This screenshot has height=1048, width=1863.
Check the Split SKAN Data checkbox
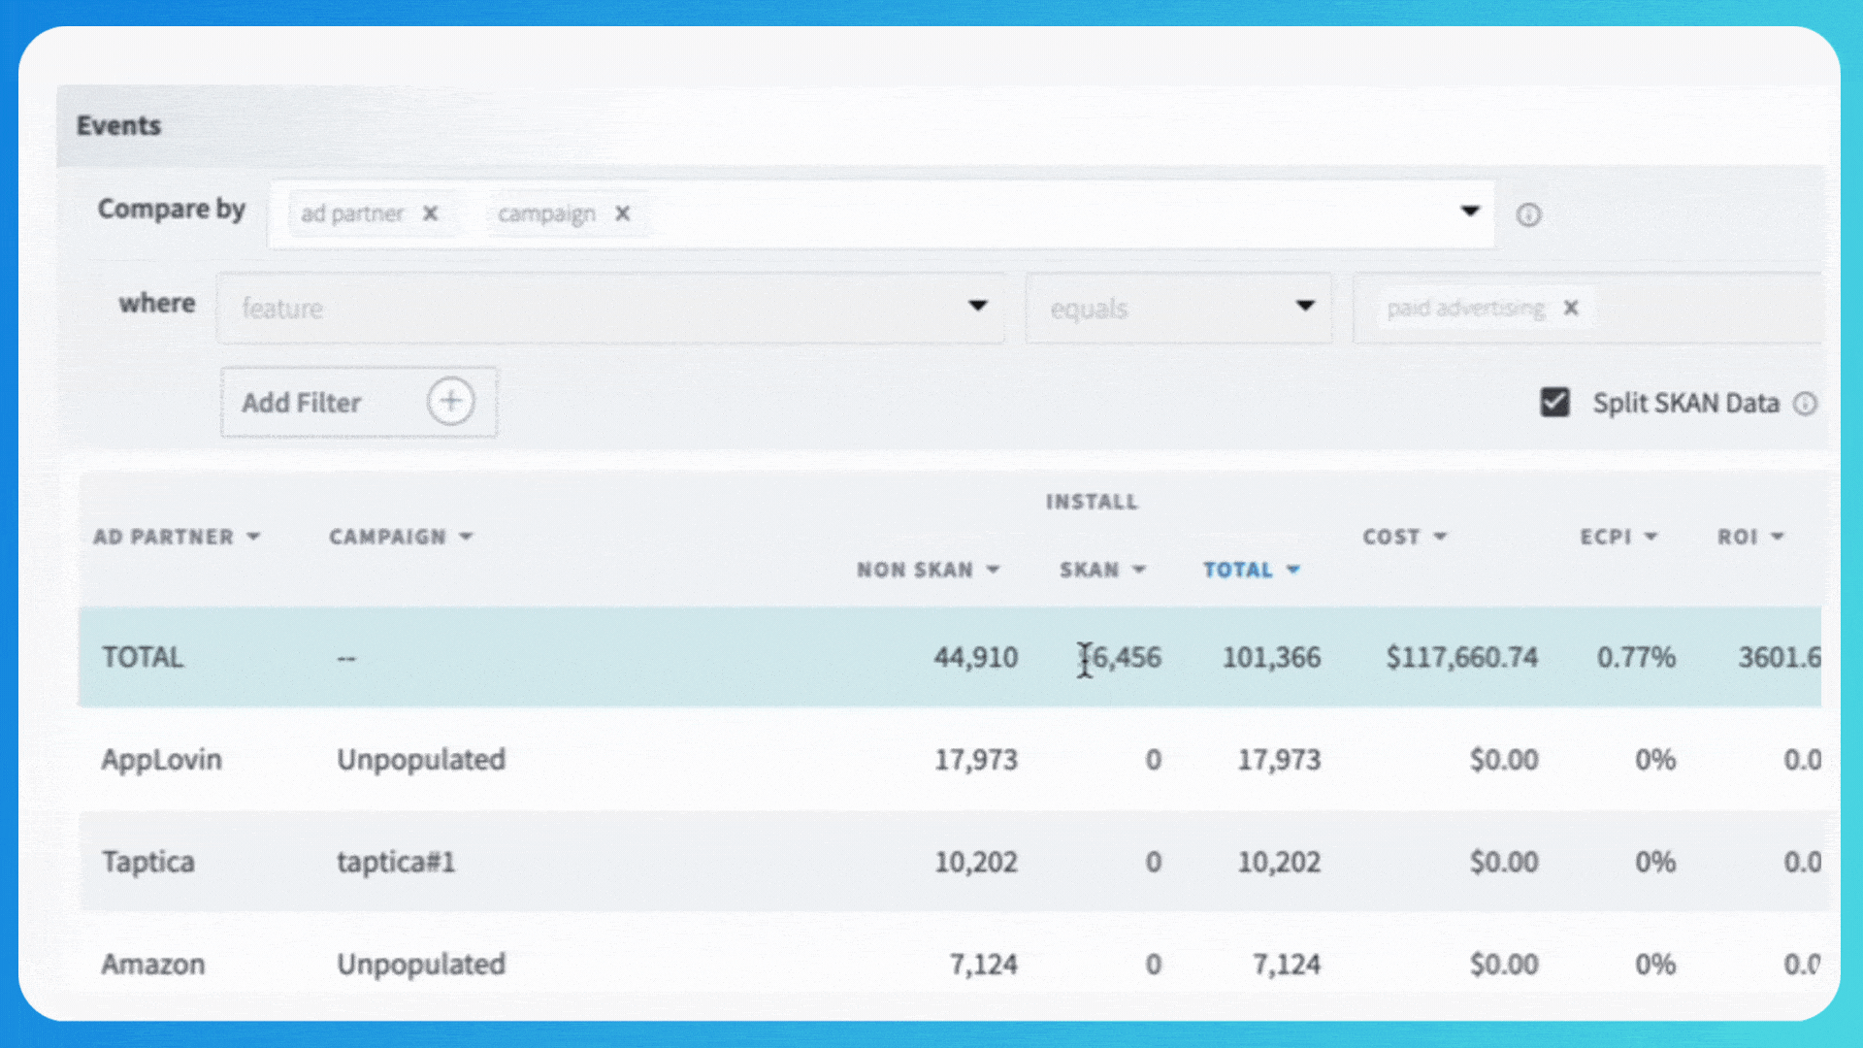pyautogui.click(x=1554, y=402)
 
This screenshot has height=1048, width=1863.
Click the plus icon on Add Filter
pyautogui.click(x=450, y=401)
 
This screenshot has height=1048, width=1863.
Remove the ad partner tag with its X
pyautogui.click(x=430, y=213)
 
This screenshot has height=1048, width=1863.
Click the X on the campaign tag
pyautogui.click(x=623, y=213)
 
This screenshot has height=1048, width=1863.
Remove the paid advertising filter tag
pyautogui.click(x=1571, y=308)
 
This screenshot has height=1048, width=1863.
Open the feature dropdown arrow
pyautogui.click(x=977, y=307)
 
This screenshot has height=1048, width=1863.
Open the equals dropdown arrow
pyautogui.click(x=1305, y=307)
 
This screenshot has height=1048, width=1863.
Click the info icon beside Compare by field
pyautogui.click(x=1528, y=215)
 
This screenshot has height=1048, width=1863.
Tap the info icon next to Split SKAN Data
pyautogui.click(x=1805, y=404)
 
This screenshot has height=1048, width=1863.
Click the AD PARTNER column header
pyautogui.click(x=163, y=537)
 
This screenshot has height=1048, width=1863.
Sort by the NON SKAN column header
pyautogui.click(x=915, y=570)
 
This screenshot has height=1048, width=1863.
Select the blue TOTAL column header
pyautogui.click(x=1238, y=570)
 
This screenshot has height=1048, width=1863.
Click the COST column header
pyautogui.click(x=1391, y=537)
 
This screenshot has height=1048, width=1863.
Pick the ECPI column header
pyautogui.click(x=1606, y=537)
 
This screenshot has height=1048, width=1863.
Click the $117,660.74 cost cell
pyautogui.click(x=1461, y=658)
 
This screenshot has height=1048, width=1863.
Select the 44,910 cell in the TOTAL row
pyautogui.click(x=975, y=658)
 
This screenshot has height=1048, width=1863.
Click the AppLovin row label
pyautogui.click(x=161, y=760)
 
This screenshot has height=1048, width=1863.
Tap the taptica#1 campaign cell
pyautogui.click(x=396, y=862)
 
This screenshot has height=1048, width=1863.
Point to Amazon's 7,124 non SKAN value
pyautogui.click(x=983, y=965)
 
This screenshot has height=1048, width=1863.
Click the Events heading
pyautogui.click(x=118, y=126)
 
